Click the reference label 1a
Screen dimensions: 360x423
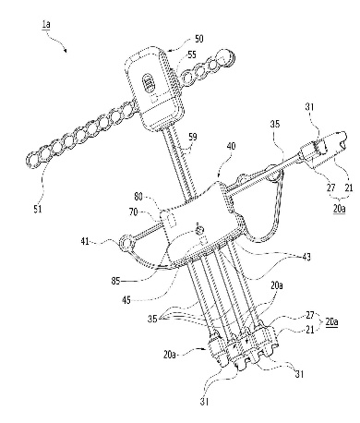coord(46,24)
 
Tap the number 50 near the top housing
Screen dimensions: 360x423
coord(198,39)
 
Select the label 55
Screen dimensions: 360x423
coord(192,54)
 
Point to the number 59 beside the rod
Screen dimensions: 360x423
coord(193,137)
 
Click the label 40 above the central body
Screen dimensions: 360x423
coord(231,146)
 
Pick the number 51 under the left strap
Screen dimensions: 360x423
coord(38,209)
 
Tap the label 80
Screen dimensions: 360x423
coord(138,197)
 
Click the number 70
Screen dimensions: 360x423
coord(133,211)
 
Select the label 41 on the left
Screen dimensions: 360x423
coord(85,241)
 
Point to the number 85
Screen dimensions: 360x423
coord(116,281)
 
